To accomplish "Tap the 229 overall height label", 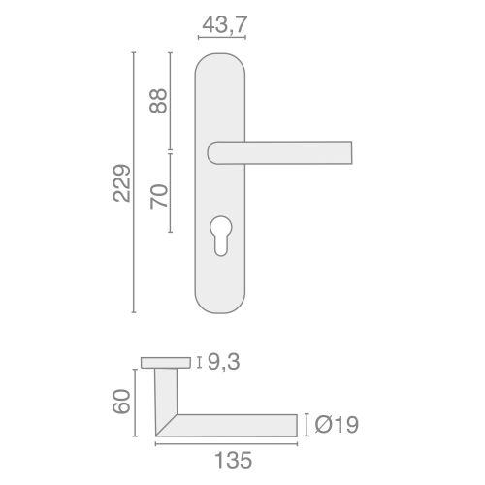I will [x=120, y=183].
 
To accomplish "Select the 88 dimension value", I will [x=161, y=101].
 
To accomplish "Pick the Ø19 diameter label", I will [x=335, y=424].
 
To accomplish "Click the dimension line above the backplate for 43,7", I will [x=222, y=38].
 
